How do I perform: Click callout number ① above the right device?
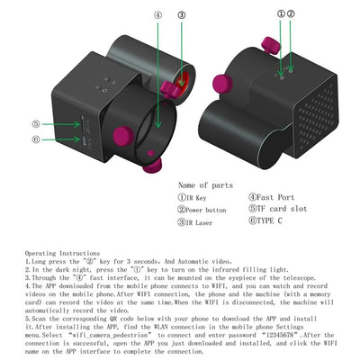281,14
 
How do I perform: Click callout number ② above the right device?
291,14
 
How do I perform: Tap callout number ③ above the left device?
182,15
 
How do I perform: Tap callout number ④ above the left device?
158,15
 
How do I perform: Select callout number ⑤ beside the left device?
36,125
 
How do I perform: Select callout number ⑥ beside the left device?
36,139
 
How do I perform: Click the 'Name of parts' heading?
207,184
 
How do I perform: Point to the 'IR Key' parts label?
197,196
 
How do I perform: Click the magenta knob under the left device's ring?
153,164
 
